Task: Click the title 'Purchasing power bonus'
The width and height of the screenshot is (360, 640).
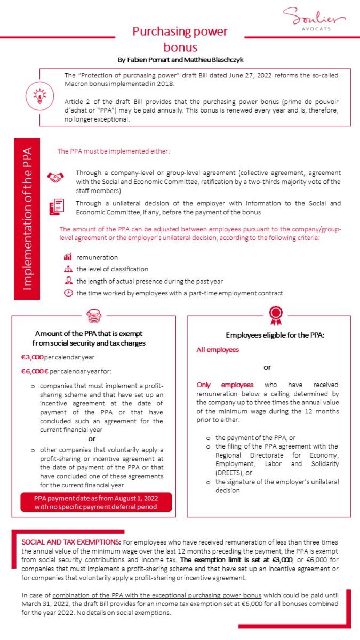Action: [180, 39]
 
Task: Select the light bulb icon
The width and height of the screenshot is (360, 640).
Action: [40, 96]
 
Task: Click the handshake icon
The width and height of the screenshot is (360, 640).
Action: [55, 178]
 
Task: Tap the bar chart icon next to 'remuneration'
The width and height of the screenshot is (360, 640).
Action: [68, 257]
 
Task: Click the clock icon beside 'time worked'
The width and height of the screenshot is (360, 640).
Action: [68, 293]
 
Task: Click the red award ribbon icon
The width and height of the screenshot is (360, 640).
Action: [275, 315]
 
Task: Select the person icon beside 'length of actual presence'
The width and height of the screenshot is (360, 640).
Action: [68, 281]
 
